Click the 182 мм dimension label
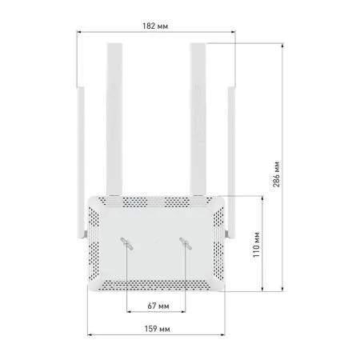click(155, 26)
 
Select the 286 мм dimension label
click(276, 174)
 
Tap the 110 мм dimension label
click(256, 245)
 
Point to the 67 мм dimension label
click(158, 306)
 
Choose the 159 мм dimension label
click(157, 329)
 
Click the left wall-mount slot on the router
click(127, 243)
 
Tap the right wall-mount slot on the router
click(186, 243)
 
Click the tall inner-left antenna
click(114, 119)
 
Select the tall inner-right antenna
click(198, 119)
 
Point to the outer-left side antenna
click(81, 162)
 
